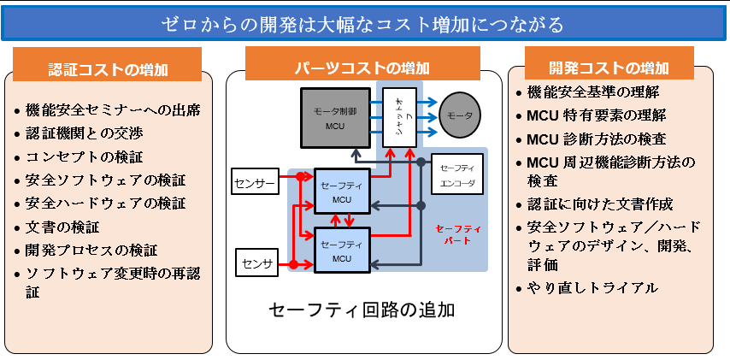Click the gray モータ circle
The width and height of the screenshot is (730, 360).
pos(461,116)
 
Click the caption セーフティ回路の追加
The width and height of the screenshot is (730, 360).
pos(362,310)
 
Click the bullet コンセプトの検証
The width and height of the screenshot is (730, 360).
pos(84,157)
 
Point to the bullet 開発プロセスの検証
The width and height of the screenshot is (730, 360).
pos(92,251)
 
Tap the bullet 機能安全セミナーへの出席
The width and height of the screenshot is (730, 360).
pos(114,110)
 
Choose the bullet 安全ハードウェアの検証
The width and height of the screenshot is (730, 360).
pos(105,204)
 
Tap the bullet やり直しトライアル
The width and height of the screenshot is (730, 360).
pos(592,288)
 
